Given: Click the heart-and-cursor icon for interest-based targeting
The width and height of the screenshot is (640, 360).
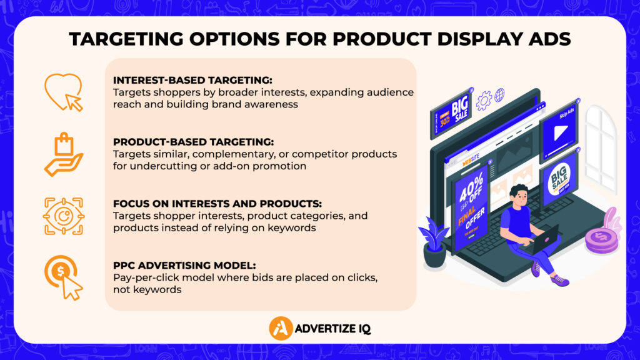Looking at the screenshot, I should click(63, 92).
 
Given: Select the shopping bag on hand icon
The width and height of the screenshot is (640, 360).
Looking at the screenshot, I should click(63, 154).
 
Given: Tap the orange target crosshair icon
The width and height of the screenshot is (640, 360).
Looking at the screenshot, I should click(63, 216).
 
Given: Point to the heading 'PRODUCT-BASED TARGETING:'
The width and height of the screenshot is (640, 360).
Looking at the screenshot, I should click(193, 142).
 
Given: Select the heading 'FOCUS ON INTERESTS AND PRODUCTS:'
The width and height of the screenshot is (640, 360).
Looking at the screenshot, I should click(217, 204).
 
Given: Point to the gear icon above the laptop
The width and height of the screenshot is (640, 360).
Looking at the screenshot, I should click(483, 101).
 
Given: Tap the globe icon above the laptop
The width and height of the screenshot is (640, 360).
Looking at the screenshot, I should click(499, 96).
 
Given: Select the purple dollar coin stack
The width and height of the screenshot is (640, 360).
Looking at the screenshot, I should click(601, 240).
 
